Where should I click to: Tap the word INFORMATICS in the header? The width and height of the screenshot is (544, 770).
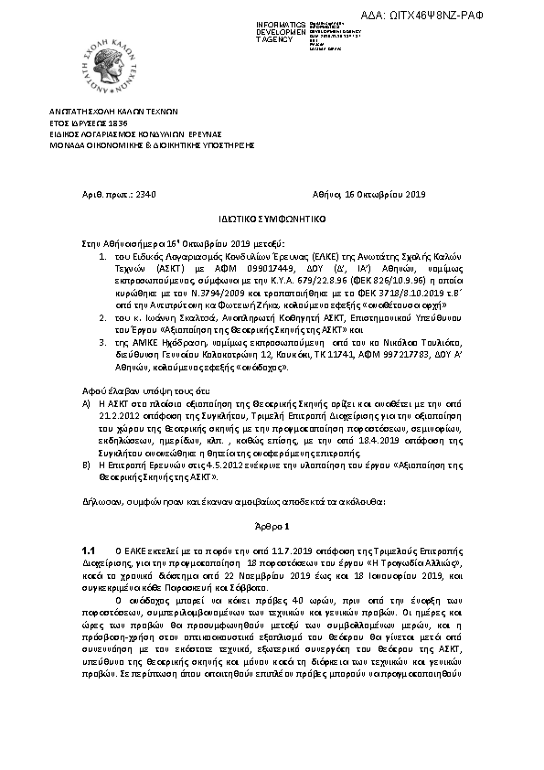[282, 20]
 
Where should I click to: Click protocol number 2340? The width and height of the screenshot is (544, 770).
[145, 194]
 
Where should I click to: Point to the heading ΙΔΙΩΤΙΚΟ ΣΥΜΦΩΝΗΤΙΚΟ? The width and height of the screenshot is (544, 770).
[272, 220]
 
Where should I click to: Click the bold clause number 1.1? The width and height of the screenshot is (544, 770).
[89, 552]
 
